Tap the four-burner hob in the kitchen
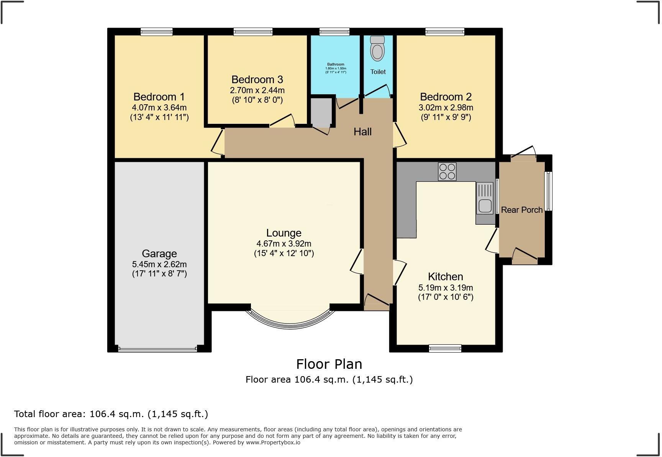447,171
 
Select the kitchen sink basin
485,206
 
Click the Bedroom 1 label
159,97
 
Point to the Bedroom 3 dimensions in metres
257,90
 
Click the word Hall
362,132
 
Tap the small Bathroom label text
336,64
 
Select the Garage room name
159,253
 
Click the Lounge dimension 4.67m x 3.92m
283,243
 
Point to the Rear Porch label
521,210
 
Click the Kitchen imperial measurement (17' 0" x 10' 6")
446,297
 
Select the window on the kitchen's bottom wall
445,348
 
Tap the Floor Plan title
329,364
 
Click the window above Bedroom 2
444,32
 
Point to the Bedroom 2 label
446,97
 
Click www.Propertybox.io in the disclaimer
273,442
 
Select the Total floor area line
111,414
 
